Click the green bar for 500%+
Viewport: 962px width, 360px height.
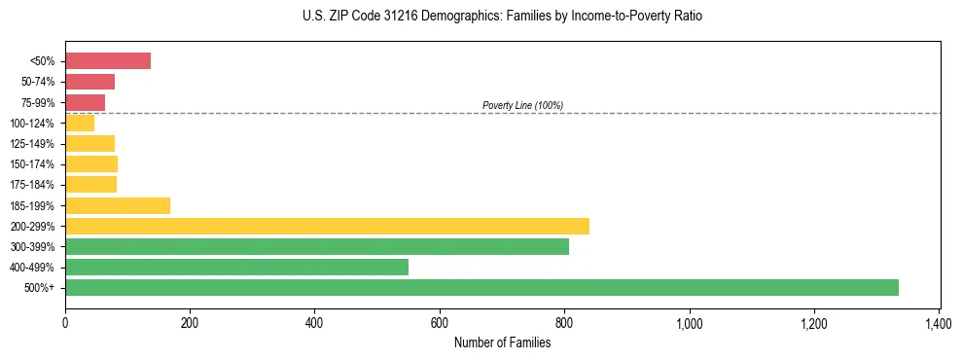(x=481, y=287)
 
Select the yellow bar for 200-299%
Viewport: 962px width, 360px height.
(x=327, y=226)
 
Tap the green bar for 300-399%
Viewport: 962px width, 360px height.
(x=317, y=246)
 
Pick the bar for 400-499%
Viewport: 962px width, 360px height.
(x=236, y=267)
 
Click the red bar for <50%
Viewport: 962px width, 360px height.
(x=108, y=60)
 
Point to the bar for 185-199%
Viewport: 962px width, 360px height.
(x=118, y=205)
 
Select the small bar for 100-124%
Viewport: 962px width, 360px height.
(x=80, y=123)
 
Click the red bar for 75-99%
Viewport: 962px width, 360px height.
(x=85, y=102)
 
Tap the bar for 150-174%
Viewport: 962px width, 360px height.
(x=91, y=163)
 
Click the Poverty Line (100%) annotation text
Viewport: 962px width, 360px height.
(x=522, y=105)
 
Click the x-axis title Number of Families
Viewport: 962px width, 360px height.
(x=502, y=342)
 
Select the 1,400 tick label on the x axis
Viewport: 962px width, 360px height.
(x=939, y=322)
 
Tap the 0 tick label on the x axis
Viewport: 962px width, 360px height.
(x=65, y=322)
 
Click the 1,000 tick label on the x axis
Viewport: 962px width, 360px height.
(x=689, y=322)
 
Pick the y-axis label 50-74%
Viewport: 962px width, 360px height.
(x=39, y=82)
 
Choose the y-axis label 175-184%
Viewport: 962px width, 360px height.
(x=36, y=185)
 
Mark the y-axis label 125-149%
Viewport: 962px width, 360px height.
(x=36, y=143)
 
